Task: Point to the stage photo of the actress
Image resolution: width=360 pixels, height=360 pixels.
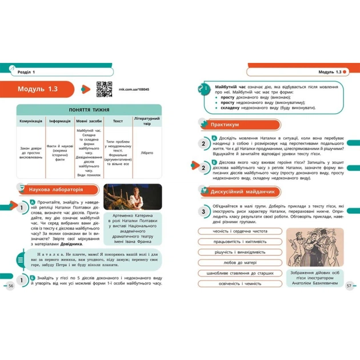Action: click(135, 196)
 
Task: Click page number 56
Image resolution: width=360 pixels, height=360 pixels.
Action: click(10, 286)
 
